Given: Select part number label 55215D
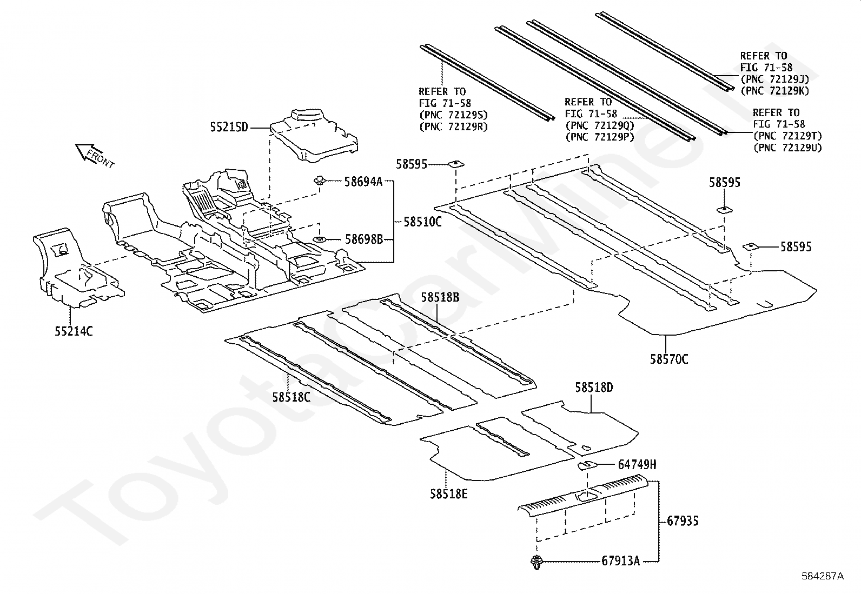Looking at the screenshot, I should [x=229, y=128].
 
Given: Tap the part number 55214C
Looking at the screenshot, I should [x=74, y=331].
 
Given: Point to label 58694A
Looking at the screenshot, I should [x=363, y=182].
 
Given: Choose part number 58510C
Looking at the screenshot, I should [x=422, y=222].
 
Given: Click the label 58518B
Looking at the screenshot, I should [x=440, y=297].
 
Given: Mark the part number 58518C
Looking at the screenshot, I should [x=291, y=397].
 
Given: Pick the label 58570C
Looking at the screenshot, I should [x=669, y=359].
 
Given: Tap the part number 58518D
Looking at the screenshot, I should [x=594, y=388].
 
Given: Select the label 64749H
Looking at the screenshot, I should [x=637, y=464].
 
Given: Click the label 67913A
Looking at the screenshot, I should [x=620, y=561].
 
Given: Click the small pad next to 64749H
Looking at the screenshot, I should [x=586, y=465].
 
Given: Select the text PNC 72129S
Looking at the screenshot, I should [x=453, y=115].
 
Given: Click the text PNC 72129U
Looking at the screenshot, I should [x=787, y=148].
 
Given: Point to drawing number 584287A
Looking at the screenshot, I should [x=822, y=576].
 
